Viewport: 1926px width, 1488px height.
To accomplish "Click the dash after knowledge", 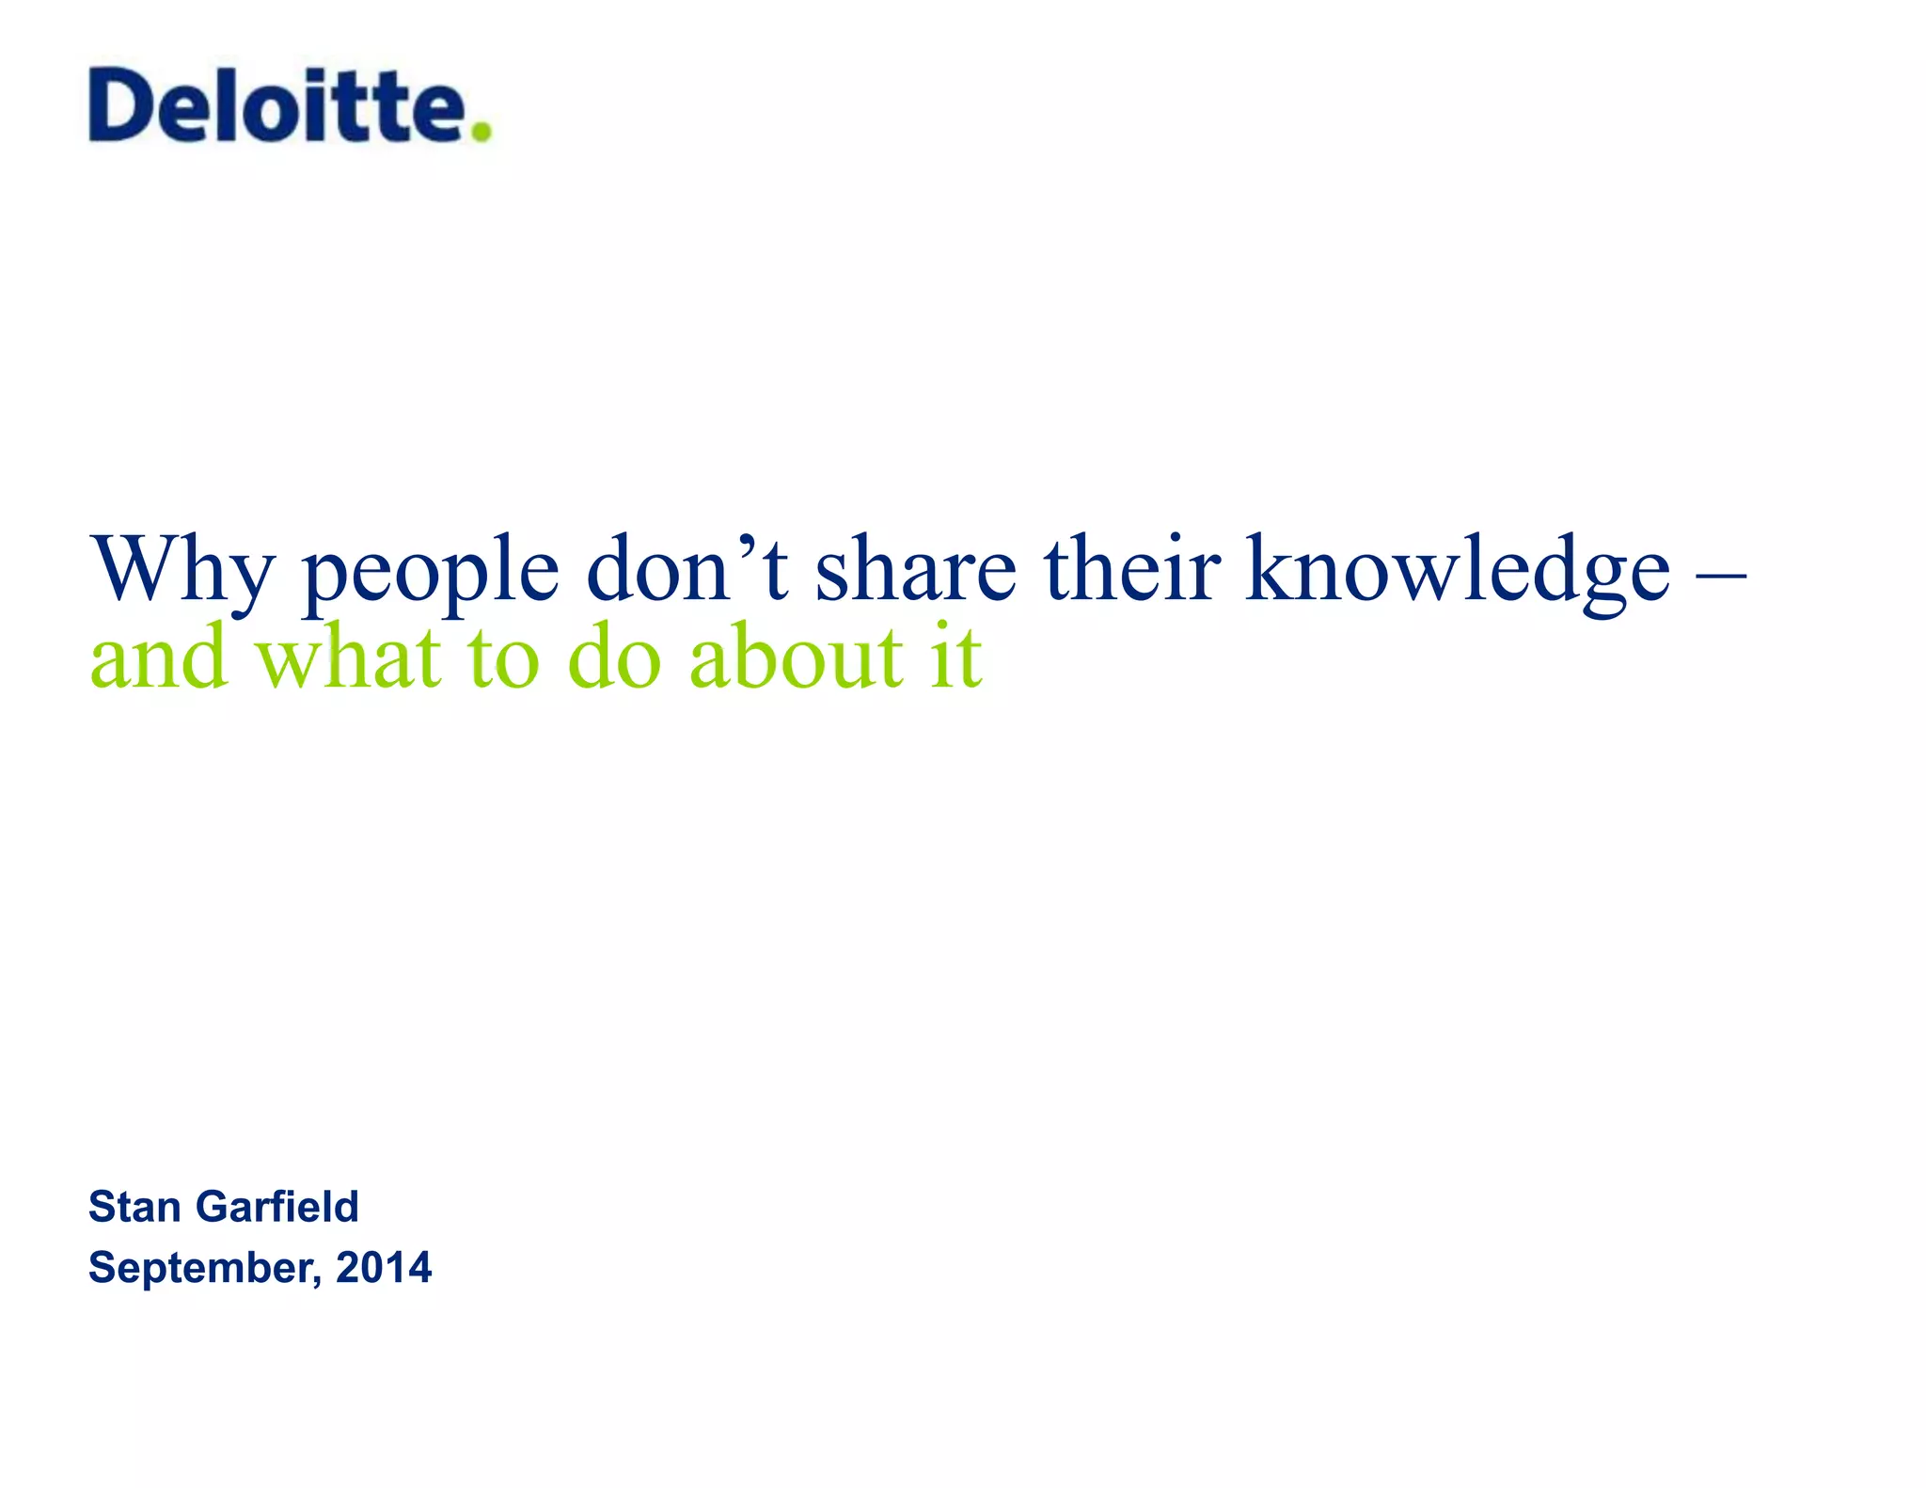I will coord(1722,570).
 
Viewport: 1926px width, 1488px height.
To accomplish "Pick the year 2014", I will coord(384,1267).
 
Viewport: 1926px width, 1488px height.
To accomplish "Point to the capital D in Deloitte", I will coord(123,104).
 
